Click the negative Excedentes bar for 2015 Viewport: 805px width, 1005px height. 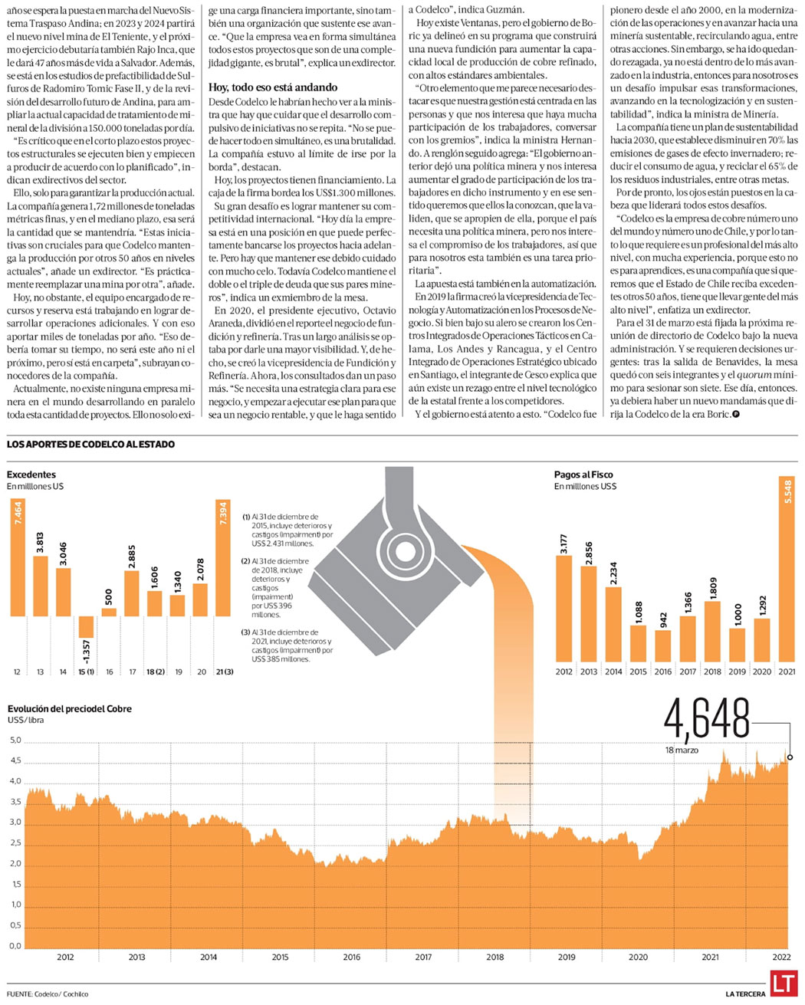point(86,626)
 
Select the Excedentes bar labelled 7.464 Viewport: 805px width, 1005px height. point(18,557)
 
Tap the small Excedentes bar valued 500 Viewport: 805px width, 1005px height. point(109,612)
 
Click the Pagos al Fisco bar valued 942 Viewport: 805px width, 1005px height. point(663,645)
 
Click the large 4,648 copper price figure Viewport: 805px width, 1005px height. point(706,720)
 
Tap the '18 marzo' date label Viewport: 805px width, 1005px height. point(682,750)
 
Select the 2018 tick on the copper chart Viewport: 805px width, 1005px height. point(495,957)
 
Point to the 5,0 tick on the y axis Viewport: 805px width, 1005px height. point(15,741)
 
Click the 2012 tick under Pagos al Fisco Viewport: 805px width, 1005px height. point(563,672)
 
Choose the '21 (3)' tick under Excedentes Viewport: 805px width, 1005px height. point(225,672)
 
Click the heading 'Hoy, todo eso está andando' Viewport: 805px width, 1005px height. point(274,87)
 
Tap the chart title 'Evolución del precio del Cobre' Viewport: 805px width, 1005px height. point(69,709)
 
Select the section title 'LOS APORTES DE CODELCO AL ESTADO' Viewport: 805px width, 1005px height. point(90,445)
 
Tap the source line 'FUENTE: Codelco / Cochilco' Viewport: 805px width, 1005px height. point(48,994)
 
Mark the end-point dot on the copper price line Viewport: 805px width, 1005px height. point(790,757)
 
